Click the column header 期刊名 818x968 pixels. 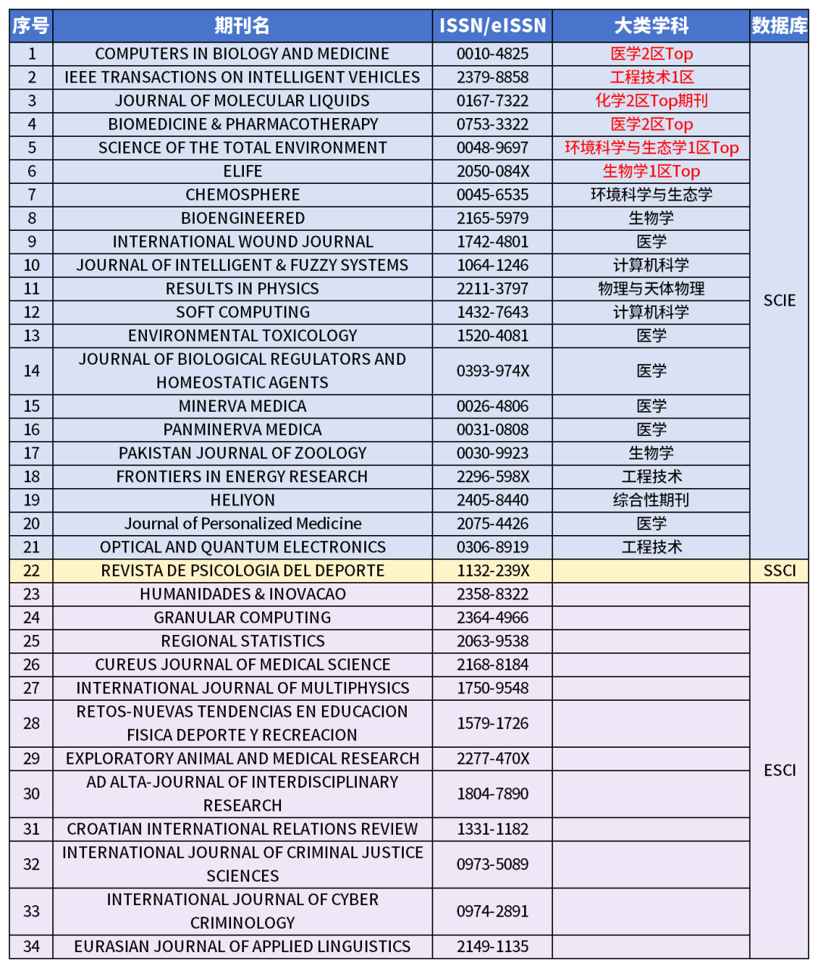pos(242,26)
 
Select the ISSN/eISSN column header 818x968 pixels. pos(492,26)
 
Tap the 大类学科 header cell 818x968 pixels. pos(651,26)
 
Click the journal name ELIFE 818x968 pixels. pos(242,171)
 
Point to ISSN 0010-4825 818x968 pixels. pos(492,54)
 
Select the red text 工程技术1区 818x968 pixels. pos(651,77)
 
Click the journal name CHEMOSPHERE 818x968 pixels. pos(242,195)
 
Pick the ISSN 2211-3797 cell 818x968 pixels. pos(492,288)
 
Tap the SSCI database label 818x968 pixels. pos(779,571)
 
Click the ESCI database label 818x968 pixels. pos(779,770)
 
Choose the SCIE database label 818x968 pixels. pos(779,300)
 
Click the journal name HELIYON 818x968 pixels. pos(242,500)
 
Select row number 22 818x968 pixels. pos(31,571)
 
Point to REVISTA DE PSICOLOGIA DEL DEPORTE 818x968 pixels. pos(242,571)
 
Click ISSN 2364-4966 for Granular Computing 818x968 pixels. pos(492,618)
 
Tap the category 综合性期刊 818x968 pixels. pos(651,500)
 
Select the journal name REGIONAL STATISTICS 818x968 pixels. pos(242,641)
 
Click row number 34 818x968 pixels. pos(31,946)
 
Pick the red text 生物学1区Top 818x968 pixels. pos(651,171)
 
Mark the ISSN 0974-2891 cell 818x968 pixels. pos(492,911)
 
